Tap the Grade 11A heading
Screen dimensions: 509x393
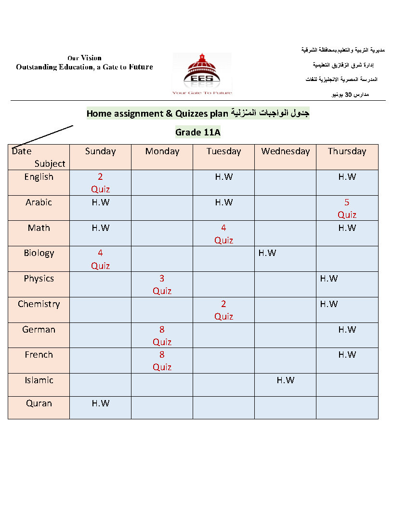(197, 132)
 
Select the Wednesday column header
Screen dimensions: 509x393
(285, 151)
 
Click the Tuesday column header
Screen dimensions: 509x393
(223, 151)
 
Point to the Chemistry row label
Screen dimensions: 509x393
(39, 304)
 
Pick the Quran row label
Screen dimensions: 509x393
(39, 403)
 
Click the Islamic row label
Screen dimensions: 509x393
(39, 380)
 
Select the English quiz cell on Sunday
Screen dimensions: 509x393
(100, 183)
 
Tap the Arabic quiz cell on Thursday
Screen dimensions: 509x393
(347, 208)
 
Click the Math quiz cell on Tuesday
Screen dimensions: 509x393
(223, 234)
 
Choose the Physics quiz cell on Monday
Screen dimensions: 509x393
(162, 284)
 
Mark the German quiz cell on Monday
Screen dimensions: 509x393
(162, 335)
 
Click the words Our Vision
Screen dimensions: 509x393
(84, 58)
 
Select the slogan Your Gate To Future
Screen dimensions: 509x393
(202, 93)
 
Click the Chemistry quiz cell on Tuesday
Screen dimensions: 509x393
(223, 310)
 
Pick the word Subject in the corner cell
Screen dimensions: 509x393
(50, 164)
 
